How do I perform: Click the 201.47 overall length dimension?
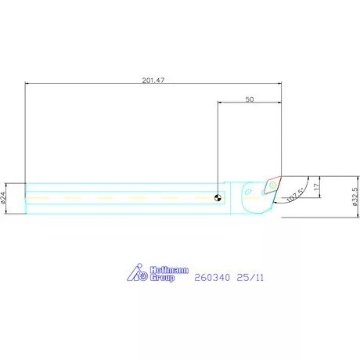[153, 80]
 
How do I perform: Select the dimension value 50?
[250, 99]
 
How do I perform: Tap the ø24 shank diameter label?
[3, 197]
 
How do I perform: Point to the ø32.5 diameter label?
[355, 197]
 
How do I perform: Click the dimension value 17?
[316, 186]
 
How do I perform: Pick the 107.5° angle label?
[295, 196]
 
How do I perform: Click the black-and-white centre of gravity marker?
[218, 198]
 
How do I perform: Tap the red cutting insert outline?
[272, 185]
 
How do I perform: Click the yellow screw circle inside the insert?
[272, 185]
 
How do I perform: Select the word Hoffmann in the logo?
[169, 270]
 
